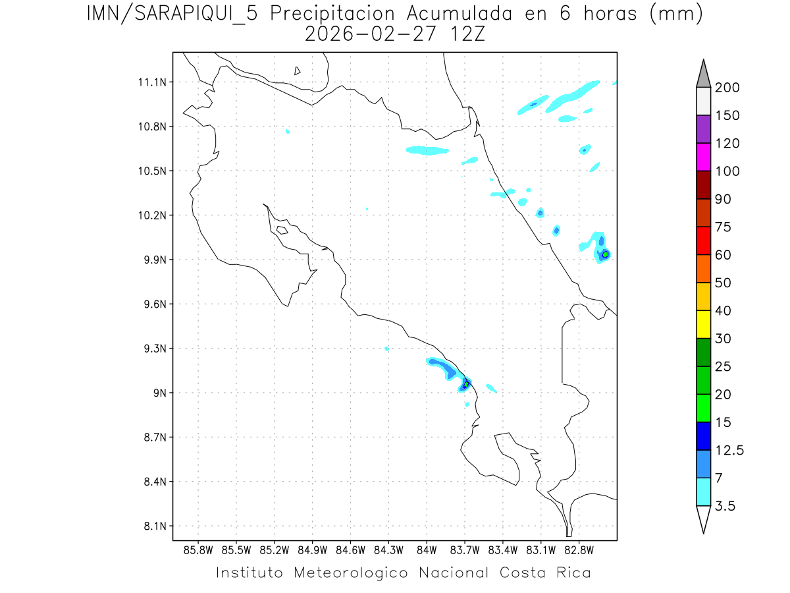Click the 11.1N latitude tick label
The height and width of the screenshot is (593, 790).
151,82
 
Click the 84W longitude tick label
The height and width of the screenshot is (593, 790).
427,549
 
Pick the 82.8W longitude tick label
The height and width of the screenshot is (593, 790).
579,549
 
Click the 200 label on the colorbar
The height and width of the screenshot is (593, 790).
727,88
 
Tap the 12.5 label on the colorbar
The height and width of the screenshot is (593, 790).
729,450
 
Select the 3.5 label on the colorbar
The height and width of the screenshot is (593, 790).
725,506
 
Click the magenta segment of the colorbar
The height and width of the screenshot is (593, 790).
703,157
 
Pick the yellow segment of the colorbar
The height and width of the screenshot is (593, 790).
703,324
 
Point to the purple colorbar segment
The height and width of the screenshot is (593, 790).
703,129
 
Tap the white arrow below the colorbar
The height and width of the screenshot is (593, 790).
703,519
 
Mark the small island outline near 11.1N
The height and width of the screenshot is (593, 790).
298,71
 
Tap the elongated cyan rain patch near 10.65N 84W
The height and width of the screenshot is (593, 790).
427,151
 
